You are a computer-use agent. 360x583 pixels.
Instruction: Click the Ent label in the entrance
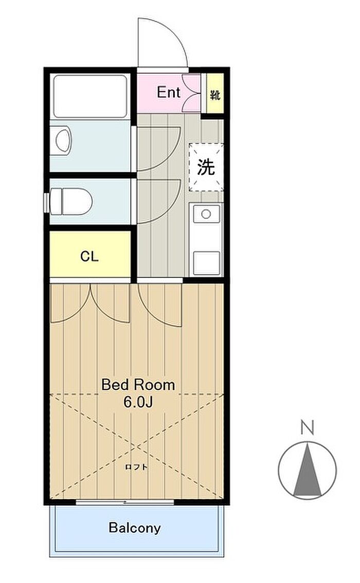coord(169,92)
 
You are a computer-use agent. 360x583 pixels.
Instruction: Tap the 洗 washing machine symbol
coord(206,167)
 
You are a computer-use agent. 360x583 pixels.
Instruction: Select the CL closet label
coord(89,256)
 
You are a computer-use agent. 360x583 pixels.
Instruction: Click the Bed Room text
coord(138,385)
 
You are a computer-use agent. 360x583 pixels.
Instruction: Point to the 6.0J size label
coord(138,402)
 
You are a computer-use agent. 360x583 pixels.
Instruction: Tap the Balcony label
coord(135,527)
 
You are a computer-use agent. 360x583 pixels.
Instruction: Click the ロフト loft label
coord(136,467)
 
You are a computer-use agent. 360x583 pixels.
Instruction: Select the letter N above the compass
coord(308,427)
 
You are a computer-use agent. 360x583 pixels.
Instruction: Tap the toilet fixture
coord(70,201)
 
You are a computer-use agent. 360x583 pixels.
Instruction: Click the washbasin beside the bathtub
coord(64,141)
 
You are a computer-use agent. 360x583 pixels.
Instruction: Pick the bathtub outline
coord(90,97)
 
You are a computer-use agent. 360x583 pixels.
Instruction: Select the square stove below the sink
coord(206,262)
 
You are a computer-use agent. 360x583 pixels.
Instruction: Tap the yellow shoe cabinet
coord(215,94)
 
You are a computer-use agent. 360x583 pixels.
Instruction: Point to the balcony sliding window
coord(125,502)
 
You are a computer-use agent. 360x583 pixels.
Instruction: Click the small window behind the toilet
coord(46,203)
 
